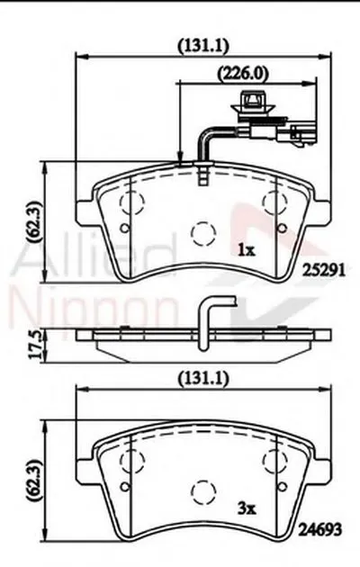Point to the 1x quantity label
(245, 248)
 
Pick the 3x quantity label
(246, 508)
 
